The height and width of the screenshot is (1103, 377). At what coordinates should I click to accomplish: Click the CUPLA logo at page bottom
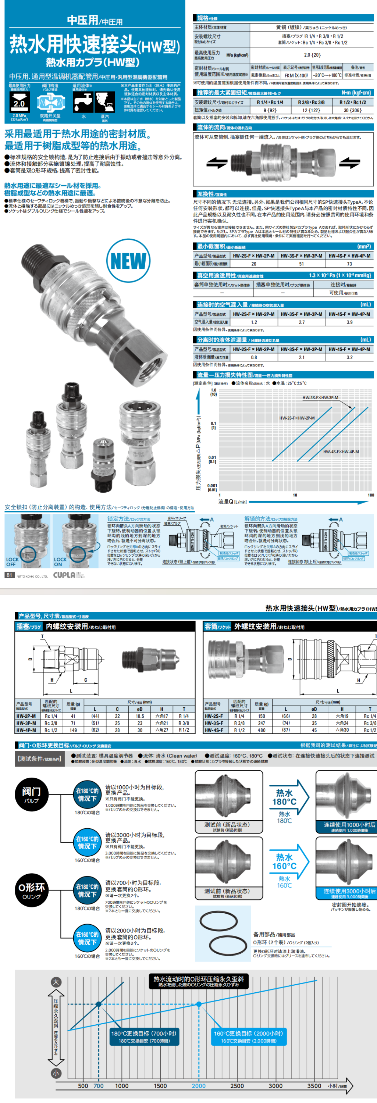tap(64, 575)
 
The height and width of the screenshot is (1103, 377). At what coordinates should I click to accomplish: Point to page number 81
tap(9, 575)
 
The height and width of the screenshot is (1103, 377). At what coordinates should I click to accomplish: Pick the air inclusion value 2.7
tap(302, 322)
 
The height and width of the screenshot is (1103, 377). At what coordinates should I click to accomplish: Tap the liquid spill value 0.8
tap(254, 357)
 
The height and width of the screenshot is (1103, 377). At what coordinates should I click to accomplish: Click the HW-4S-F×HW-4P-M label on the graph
tap(341, 452)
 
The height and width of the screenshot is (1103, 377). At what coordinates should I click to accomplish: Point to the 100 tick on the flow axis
tap(371, 495)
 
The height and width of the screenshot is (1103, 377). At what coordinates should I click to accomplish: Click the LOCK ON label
tap(60, 562)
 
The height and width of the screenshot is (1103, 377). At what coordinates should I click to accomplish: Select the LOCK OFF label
tap(13, 562)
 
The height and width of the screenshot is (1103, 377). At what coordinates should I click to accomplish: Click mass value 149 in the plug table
tap(73, 730)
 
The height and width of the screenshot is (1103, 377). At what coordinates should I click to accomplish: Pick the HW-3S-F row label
tap(214, 723)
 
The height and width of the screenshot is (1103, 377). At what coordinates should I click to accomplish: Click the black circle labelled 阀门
tap(31, 794)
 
